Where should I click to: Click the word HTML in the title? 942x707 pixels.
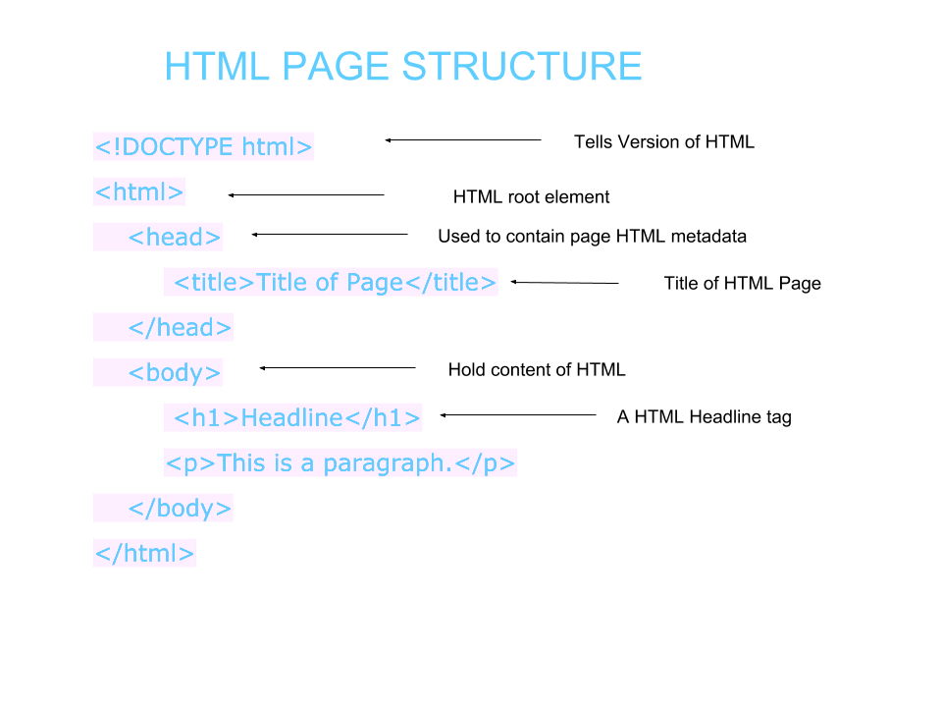click(217, 67)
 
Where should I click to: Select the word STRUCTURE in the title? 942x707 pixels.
click(522, 67)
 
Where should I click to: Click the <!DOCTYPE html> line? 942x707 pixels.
click(204, 147)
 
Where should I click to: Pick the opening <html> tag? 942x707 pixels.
click(139, 192)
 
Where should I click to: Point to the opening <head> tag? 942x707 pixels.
click(175, 238)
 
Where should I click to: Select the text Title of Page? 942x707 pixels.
click(330, 283)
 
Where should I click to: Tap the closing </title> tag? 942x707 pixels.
click(450, 283)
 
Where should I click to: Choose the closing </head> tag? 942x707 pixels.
click(181, 328)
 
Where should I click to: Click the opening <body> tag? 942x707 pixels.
click(175, 373)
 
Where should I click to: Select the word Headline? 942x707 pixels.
click(291, 418)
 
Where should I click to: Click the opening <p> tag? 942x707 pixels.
click(190, 463)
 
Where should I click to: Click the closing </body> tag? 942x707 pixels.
click(181, 509)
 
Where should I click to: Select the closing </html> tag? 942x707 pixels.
click(145, 554)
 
